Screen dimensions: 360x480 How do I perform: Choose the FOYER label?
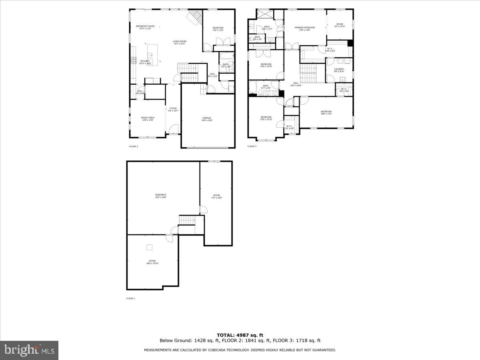(x=173, y=109)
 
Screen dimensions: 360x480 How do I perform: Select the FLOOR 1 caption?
(x=131, y=298)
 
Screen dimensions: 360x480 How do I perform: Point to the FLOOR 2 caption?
(x=133, y=146)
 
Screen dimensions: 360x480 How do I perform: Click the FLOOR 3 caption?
(x=252, y=146)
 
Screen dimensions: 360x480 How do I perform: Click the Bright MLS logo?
(x=29, y=350)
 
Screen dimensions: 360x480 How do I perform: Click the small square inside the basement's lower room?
(x=149, y=247)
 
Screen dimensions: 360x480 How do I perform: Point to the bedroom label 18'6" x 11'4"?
(x=326, y=113)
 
